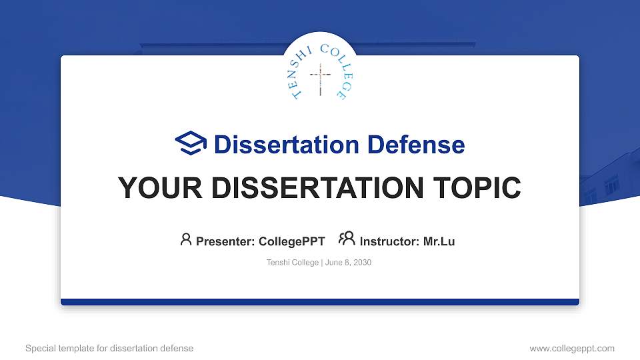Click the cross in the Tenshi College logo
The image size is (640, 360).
(320, 80)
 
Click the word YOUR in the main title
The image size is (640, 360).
(151, 188)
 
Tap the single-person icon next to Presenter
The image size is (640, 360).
(186, 239)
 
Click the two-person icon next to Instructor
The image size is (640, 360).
(347, 239)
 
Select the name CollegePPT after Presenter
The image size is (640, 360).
(291, 241)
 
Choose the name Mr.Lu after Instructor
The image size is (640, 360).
(439, 241)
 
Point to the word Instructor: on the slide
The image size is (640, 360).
(389, 241)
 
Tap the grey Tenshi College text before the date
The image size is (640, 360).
(292, 263)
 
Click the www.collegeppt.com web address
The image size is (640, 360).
(572, 348)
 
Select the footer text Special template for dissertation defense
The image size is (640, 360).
(109, 348)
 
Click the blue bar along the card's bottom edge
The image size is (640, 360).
(320, 302)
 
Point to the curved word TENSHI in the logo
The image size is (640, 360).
(302, 70)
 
